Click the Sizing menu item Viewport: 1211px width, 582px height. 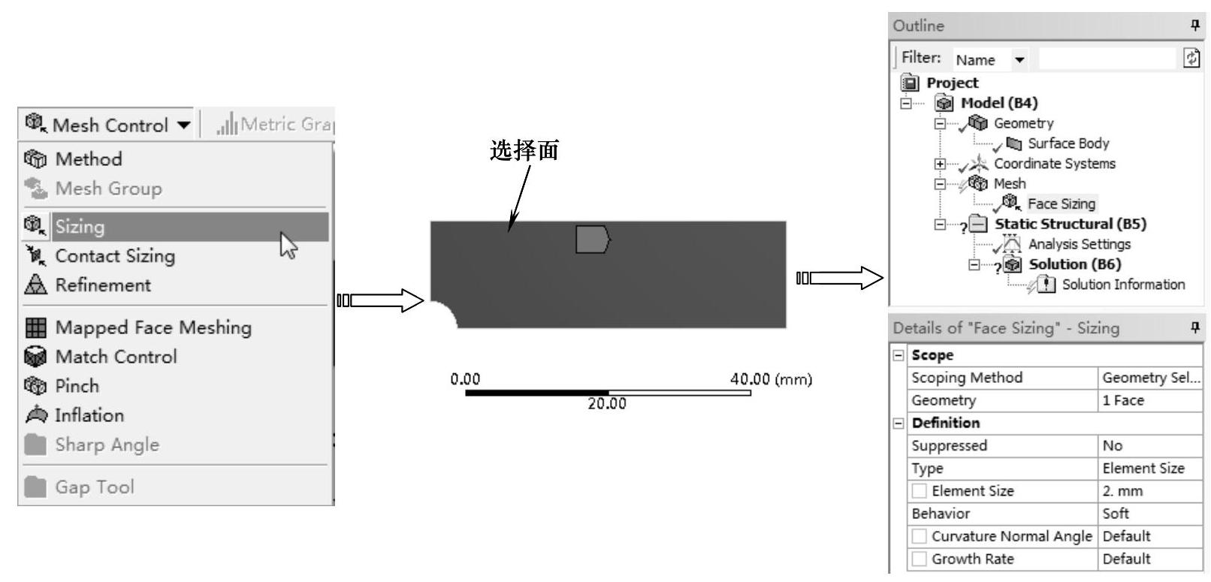80,227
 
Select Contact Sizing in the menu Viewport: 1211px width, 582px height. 115,256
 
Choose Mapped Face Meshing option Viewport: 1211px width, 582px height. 153,327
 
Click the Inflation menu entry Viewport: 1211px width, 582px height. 89,415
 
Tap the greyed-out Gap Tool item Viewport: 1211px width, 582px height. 95,487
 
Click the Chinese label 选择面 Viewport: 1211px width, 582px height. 524,151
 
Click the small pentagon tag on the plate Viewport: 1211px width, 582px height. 593,240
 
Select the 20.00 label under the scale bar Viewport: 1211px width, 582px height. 606,404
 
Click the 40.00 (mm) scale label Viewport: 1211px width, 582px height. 771,379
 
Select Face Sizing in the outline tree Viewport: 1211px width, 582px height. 1061,204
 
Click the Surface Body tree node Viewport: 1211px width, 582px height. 1068,143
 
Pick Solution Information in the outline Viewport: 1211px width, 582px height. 1122,285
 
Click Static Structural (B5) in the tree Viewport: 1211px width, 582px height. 1070,224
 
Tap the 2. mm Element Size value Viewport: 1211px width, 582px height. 1122,491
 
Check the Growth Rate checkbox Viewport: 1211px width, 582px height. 920,559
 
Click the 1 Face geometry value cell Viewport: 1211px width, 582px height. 1122,400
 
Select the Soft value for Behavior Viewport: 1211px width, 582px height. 1116,514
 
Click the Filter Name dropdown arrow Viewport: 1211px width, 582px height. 1019,60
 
